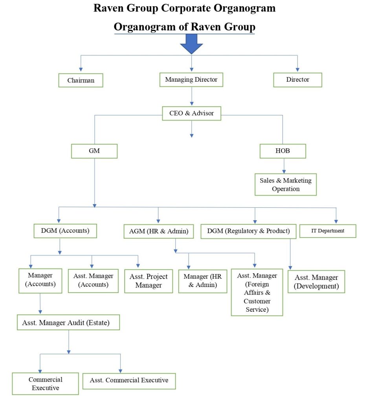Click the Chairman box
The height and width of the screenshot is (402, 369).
[x=81, y=80]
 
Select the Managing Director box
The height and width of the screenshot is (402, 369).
[x=191, y=80]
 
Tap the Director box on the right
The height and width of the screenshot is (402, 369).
[x=297, y=80]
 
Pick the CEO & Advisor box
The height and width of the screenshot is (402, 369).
[x=191, y=113]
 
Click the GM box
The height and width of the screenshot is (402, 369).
[x=94, y=151]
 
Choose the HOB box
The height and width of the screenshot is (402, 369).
[x=283, y=151]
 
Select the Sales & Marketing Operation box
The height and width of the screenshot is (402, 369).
[x=285, y=185]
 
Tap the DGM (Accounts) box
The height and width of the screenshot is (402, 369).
[x=65, y=231]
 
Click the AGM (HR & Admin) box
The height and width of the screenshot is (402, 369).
[x=158, y=232]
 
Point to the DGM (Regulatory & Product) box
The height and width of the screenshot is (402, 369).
[x=248, y=231]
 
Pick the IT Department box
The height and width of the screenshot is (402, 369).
[x=328, y=231]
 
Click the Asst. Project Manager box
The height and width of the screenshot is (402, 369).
[x=149, y=281]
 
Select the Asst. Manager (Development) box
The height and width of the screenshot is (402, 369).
[x=316, y=282]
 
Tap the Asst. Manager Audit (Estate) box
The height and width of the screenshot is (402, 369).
[x=68, y=323]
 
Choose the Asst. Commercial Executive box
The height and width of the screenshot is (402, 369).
[x=129, y=380]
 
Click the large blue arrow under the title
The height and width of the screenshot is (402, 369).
[x=191, y=44]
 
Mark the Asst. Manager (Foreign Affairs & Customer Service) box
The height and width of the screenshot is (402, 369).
[x=257, y=292]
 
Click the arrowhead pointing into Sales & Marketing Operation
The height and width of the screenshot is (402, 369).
[x=284, y=171]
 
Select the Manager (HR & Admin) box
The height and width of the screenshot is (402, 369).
[x=202, y=281]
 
